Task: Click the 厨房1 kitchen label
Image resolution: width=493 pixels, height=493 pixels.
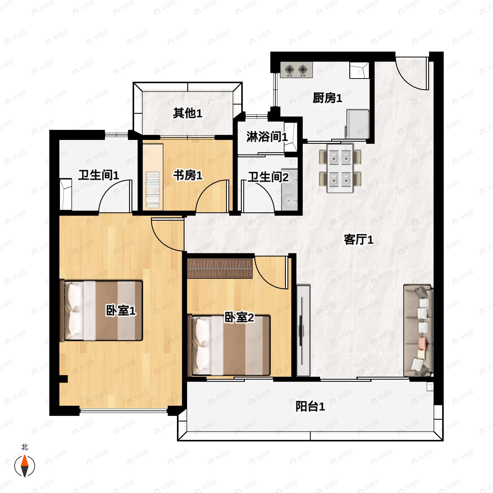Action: [327, 98]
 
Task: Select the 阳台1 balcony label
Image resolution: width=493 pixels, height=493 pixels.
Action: [310, 406]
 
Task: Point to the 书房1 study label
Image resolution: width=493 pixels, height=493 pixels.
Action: [188, 175]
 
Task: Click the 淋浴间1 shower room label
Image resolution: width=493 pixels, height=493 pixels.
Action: [267, 137]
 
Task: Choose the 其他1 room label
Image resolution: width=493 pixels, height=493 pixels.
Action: [188, 113]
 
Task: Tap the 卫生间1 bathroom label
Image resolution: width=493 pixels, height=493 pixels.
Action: [99, 175]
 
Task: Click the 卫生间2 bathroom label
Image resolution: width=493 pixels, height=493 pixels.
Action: [268, 177]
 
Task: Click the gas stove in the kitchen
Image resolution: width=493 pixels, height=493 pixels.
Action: [296, 70]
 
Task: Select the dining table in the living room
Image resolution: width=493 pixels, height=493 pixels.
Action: [340, 168]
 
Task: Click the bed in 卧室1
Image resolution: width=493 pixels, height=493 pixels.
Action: [101, 311]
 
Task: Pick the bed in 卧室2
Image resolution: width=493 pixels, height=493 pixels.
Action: [229, 346]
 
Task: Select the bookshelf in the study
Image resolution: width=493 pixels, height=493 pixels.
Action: [153, 190]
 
